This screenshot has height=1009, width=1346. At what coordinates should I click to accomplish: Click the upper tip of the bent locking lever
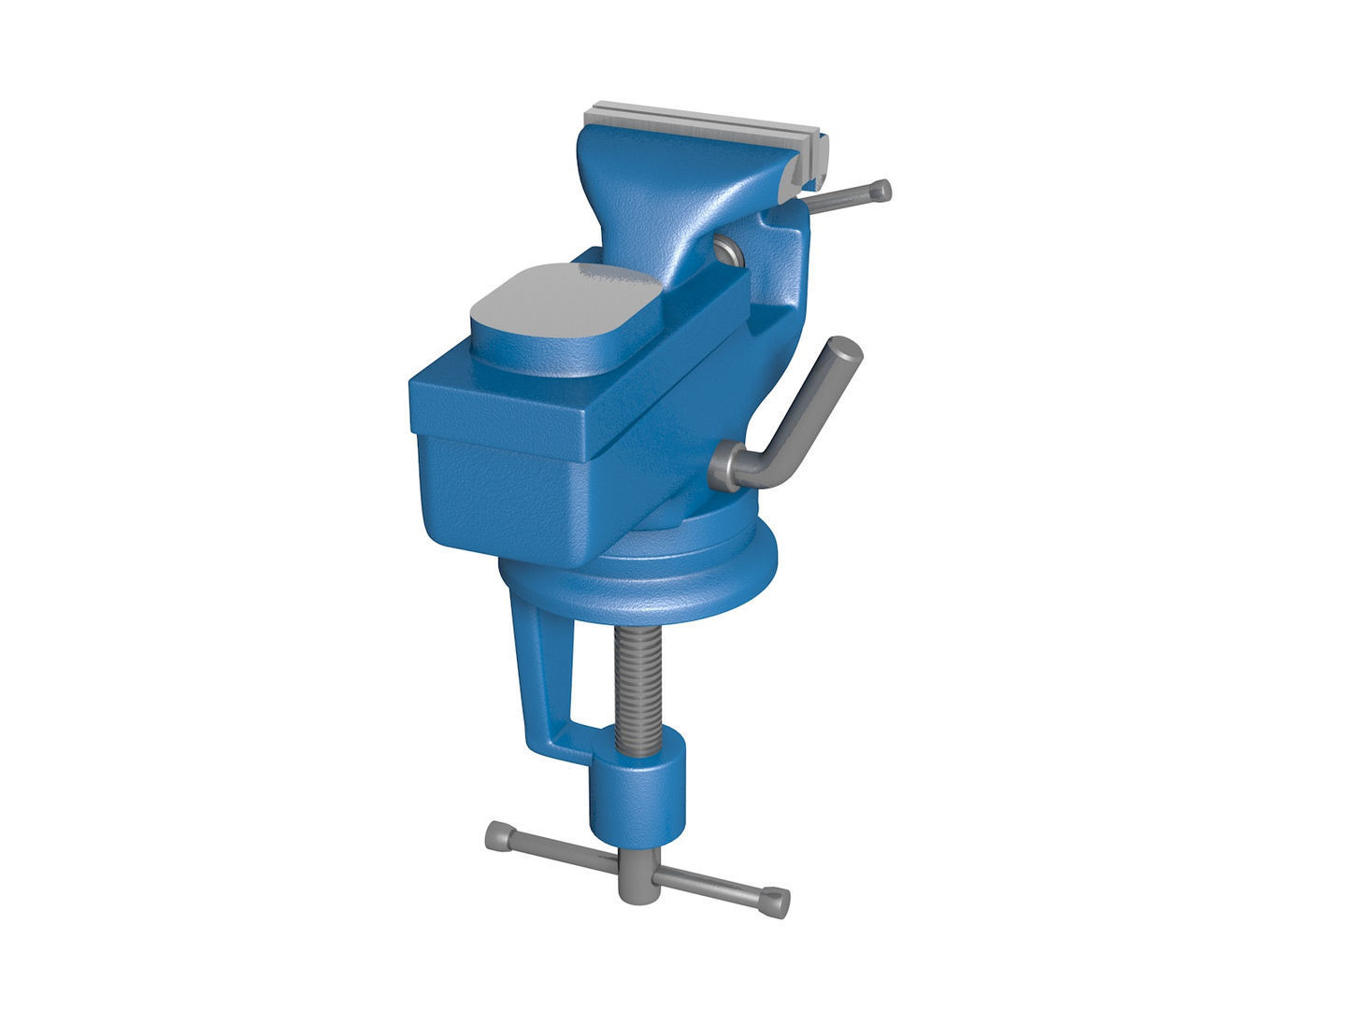pos(844,348)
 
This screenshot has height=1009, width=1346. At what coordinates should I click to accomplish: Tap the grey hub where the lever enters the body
pos(727,467)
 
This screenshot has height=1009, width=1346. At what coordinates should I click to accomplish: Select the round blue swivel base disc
pos(654,584)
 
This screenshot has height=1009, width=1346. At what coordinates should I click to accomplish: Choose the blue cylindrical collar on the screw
pos(637,794)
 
